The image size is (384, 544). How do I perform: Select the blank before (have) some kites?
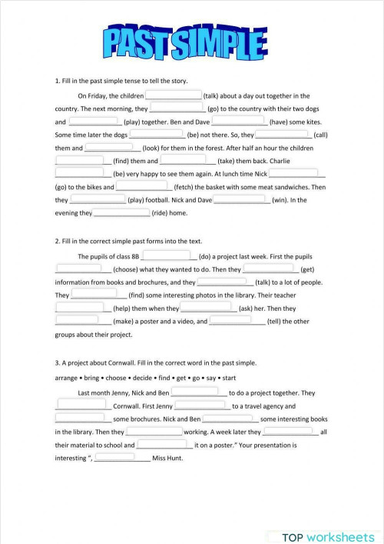pos(239,122)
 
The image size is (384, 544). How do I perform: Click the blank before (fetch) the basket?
pos(143,186)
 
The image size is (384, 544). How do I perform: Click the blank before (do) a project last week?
pos(167,256)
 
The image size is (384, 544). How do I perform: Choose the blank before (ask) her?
pos(209,308)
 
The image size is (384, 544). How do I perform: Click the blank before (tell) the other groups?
pos(237,321)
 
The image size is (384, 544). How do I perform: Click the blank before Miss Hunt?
pos(121,458)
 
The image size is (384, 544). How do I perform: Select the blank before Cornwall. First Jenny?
pos(83,405)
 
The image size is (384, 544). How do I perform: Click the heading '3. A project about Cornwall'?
pos(156,362)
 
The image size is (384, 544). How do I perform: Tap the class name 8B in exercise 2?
pos(134,256)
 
